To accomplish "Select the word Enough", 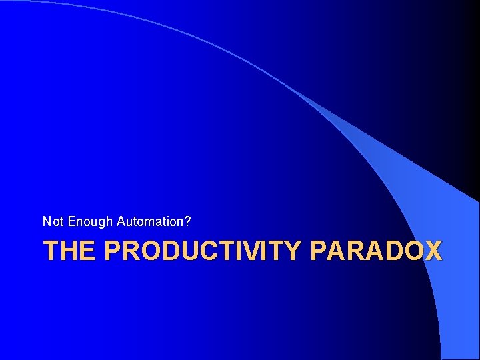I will pos(91,221).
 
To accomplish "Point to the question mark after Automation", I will pos(189,221).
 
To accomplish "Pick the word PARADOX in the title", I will pos(376,251).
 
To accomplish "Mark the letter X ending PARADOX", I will pos(433,251).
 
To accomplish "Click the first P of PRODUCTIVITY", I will pos(113,251).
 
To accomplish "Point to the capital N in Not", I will pos(47,221).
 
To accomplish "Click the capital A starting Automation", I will pos(121,221).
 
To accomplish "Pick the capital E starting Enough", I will pos(72,221).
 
